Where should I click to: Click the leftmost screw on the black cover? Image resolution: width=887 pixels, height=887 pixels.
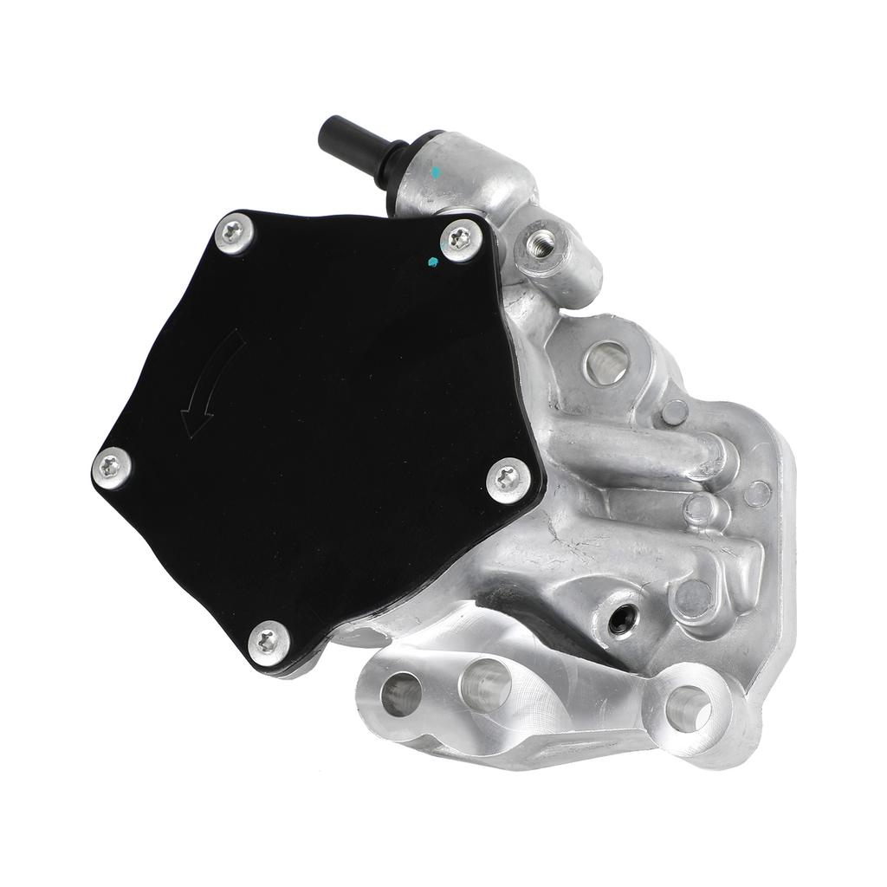pyautogui.click(x=112, y=467)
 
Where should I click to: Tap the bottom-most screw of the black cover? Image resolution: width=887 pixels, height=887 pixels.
pyautogui.click(x=269, y=643)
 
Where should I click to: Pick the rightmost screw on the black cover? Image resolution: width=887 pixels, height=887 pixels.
pyautogui.click(x=507, y=479)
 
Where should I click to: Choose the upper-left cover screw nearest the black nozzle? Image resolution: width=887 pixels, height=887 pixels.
pyautogui.click(x=234, y=232)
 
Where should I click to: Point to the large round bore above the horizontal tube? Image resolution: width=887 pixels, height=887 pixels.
pyautogui.click(x=605, y=361)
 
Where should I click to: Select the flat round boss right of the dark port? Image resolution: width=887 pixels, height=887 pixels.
pyautogui.click(x=692, y=597)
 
